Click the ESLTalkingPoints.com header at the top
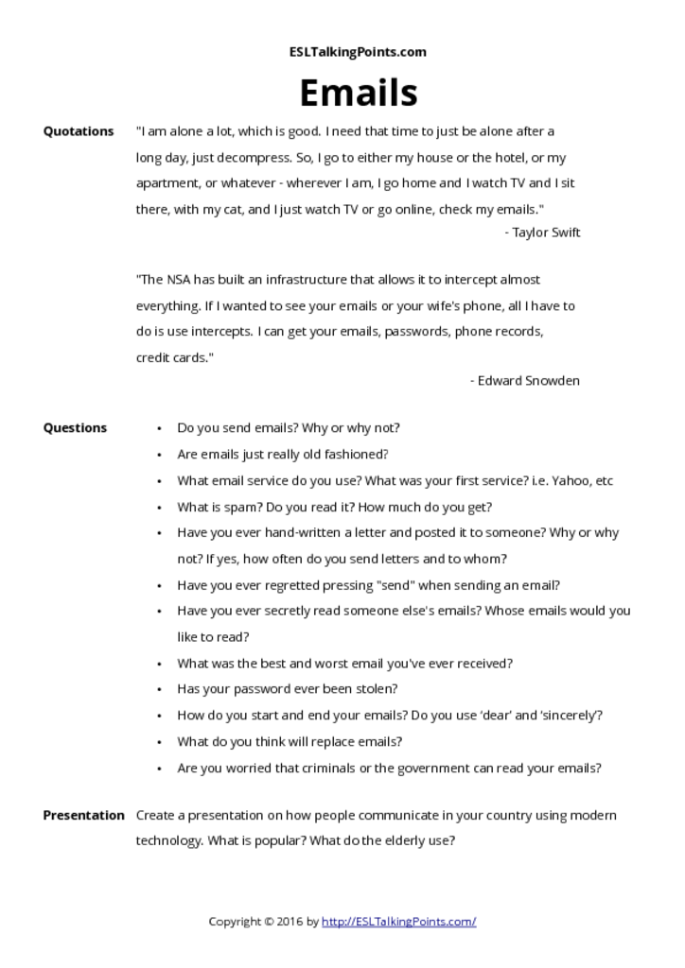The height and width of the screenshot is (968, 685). (358, 52)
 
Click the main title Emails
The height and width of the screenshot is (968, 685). (358, 93)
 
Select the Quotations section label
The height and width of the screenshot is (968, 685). (79, 131)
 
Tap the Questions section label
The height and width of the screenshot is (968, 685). (75, 427)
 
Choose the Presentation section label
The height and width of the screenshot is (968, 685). (83, 815)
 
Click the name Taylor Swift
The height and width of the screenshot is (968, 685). (546, 233)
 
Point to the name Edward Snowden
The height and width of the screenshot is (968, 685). (529, 380)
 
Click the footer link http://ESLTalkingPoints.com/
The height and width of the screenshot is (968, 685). (398, 921)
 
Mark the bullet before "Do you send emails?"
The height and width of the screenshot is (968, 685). (159, 428)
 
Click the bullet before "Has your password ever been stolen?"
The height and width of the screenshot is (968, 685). (159, 689)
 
